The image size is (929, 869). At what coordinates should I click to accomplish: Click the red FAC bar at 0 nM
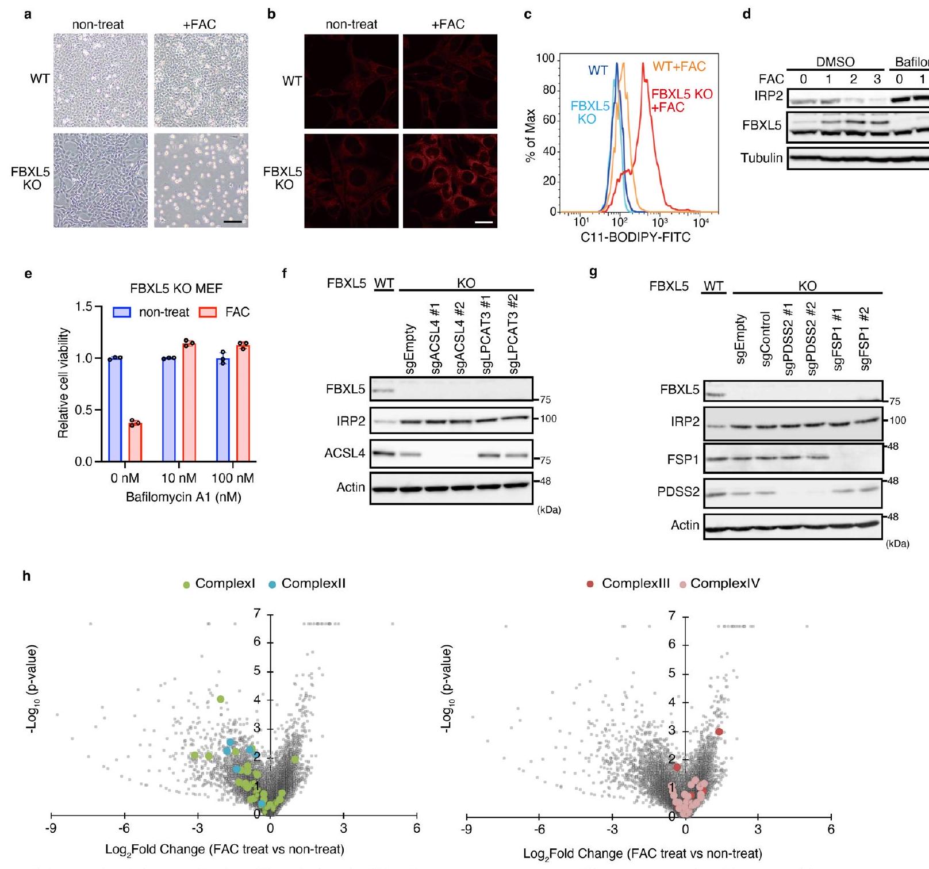point(135,442)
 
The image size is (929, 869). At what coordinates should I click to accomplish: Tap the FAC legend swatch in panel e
point(208,312)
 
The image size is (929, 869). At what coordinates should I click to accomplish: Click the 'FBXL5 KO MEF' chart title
point(176,289)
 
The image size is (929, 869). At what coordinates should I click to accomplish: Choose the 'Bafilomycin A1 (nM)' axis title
point(183,497)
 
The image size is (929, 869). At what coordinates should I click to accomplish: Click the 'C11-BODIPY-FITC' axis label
point(635,237)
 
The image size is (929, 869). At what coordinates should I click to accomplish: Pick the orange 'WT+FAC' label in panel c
point(679,67)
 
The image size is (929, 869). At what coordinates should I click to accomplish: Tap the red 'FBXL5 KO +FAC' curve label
point(681,100)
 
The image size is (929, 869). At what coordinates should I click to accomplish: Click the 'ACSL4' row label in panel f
point(345,454)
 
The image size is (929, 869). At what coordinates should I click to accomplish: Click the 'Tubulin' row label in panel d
point(762,158)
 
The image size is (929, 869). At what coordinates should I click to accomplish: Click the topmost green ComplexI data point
point(220,699)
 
